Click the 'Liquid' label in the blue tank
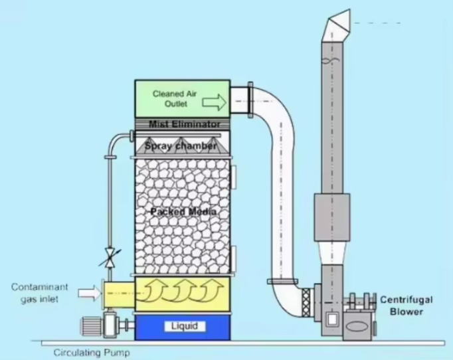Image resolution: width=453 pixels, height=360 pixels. pos(185,326)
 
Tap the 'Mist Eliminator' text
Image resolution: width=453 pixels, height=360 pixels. pos(184,124)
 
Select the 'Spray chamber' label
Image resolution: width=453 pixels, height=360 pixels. pos(181,145)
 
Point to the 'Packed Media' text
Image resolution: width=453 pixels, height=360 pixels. pos(183,211)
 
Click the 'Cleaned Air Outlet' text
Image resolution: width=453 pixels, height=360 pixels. pos(175,99)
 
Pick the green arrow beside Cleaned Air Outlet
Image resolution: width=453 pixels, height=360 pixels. pos(214,102)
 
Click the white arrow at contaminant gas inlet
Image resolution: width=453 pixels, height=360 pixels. pos(90,293)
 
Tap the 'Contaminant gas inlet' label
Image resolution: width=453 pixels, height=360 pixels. pos(40,293)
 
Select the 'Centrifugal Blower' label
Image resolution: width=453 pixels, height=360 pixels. pos(407,306)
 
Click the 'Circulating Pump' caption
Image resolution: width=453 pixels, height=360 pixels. pos(92,353)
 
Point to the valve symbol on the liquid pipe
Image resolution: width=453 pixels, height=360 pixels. pos(110,257)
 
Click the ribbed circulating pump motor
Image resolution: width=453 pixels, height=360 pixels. pos(92,326)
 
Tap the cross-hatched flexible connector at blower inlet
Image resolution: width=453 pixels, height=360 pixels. pos(306,302)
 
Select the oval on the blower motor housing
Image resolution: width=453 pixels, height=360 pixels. pos(357,327)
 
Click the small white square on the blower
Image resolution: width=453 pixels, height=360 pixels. pos(332,319)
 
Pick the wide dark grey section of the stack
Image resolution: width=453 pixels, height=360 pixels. pos(332,217)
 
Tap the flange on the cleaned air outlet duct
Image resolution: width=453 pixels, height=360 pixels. pos(250,100)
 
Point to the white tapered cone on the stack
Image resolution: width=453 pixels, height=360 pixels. pos(332,253)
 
